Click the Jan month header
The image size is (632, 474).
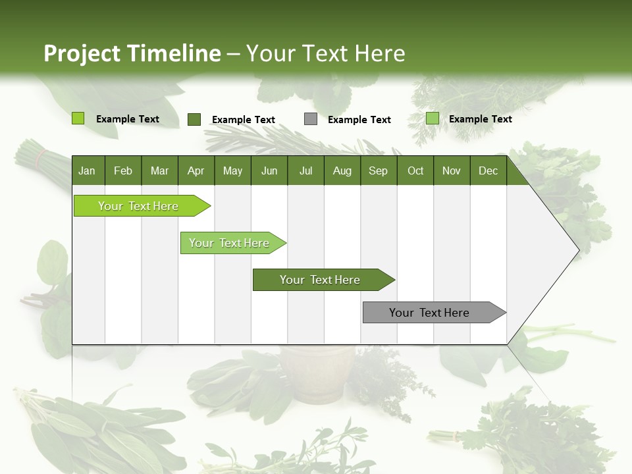87,171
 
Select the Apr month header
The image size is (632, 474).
196,171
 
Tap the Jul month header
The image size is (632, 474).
305,171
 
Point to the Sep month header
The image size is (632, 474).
378,171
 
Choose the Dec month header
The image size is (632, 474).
488,171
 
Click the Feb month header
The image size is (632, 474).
123,171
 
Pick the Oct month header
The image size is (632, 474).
415,171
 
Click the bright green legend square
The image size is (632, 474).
78,118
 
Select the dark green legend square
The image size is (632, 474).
194,119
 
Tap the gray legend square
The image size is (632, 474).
311,119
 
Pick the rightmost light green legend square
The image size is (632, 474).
433,118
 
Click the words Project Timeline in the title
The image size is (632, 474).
132,53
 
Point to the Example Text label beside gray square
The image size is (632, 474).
359,120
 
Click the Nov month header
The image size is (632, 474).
452,171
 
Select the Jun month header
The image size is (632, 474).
269,171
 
